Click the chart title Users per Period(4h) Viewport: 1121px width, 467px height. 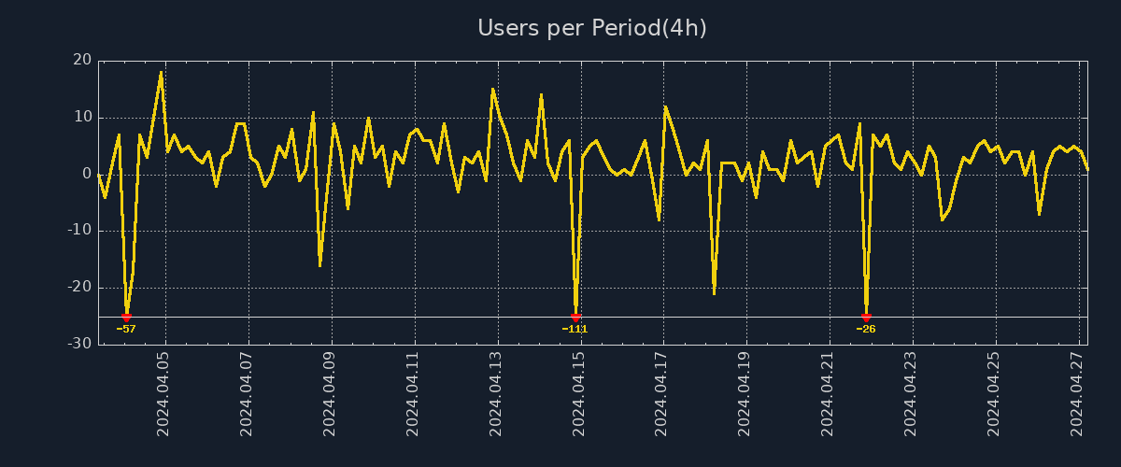tap(592, 28)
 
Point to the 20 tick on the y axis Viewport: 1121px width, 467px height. tap(82, 61)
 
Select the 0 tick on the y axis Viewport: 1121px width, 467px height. tap(87, 174)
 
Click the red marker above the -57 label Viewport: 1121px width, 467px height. tap(126, 318)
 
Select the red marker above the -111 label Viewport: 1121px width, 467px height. tap(575, 318)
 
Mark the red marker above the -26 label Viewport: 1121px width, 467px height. tap(866, 318)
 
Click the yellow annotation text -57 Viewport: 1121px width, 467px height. tap(126, 329)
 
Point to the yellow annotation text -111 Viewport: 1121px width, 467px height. tap(575, 329)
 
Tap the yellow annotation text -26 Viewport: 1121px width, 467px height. tap(866, 329)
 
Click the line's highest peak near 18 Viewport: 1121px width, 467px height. tap(161, 72)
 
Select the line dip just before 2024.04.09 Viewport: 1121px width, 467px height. tap(319, 265)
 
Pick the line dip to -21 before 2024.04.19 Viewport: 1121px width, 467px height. tap(714, 293)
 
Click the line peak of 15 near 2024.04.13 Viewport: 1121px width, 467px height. tap(492, 89)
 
